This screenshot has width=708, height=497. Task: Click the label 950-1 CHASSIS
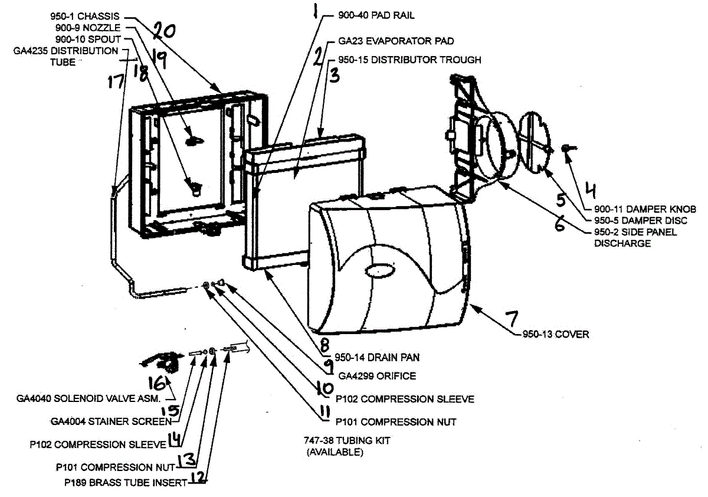click(86, 17)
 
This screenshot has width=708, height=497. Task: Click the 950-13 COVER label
click(555, 335)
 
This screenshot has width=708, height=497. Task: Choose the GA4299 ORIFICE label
click(377, 375)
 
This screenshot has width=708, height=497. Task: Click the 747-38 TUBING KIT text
click(347, 440)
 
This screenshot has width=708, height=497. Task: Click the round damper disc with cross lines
click(533, 143)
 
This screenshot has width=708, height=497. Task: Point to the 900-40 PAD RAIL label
click(377, 15)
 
